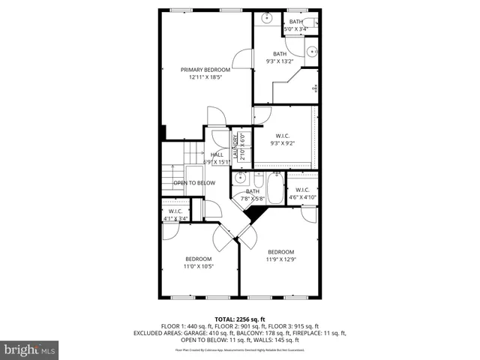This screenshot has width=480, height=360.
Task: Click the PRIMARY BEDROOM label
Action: (x=205, y=69)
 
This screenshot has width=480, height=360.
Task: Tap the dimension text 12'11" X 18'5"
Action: (x=205, y=76)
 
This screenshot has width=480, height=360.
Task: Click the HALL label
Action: (x=217, y=154)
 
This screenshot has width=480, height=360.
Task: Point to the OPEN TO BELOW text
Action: (x=194, y=183)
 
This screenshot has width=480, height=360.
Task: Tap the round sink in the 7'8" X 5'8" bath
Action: (x=241, y=178)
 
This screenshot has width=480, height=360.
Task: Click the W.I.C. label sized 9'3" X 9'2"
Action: (x=281, y=136)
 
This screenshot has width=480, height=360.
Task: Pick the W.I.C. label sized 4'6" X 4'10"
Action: (x=302, y=190)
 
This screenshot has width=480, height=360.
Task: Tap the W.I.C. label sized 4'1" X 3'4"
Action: (x=176, y=211)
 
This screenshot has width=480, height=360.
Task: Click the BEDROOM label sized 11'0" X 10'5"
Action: (x=199, y=259)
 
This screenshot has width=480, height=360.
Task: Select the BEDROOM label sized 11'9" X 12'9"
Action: (x=280, y=252)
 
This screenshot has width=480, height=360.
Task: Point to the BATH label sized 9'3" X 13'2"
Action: (x=279, y=54)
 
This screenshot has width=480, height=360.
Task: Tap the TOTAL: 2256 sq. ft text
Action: (x=240, y=319)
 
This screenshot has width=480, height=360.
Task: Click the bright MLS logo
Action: (x=30, y=349)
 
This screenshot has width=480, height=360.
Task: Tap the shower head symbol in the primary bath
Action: (x=316, y=88)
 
